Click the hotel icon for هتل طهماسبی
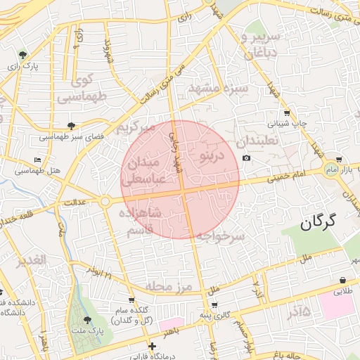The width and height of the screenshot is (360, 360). click(38, 160)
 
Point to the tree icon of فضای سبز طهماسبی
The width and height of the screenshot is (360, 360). click(71, 125)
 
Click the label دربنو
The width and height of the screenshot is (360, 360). click(212, 154)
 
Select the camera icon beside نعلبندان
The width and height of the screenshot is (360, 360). click(246, 157)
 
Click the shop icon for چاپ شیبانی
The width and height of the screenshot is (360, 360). click(286, 112)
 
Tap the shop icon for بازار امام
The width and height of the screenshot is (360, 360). click(340, 160)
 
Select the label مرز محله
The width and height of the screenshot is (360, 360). click(169, 286)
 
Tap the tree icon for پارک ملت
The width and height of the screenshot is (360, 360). click(87, 319)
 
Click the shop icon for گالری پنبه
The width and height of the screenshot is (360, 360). click(214, 306)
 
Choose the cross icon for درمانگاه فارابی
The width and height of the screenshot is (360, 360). click(152, 346)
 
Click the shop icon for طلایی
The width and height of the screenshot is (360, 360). click(342, 279)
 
